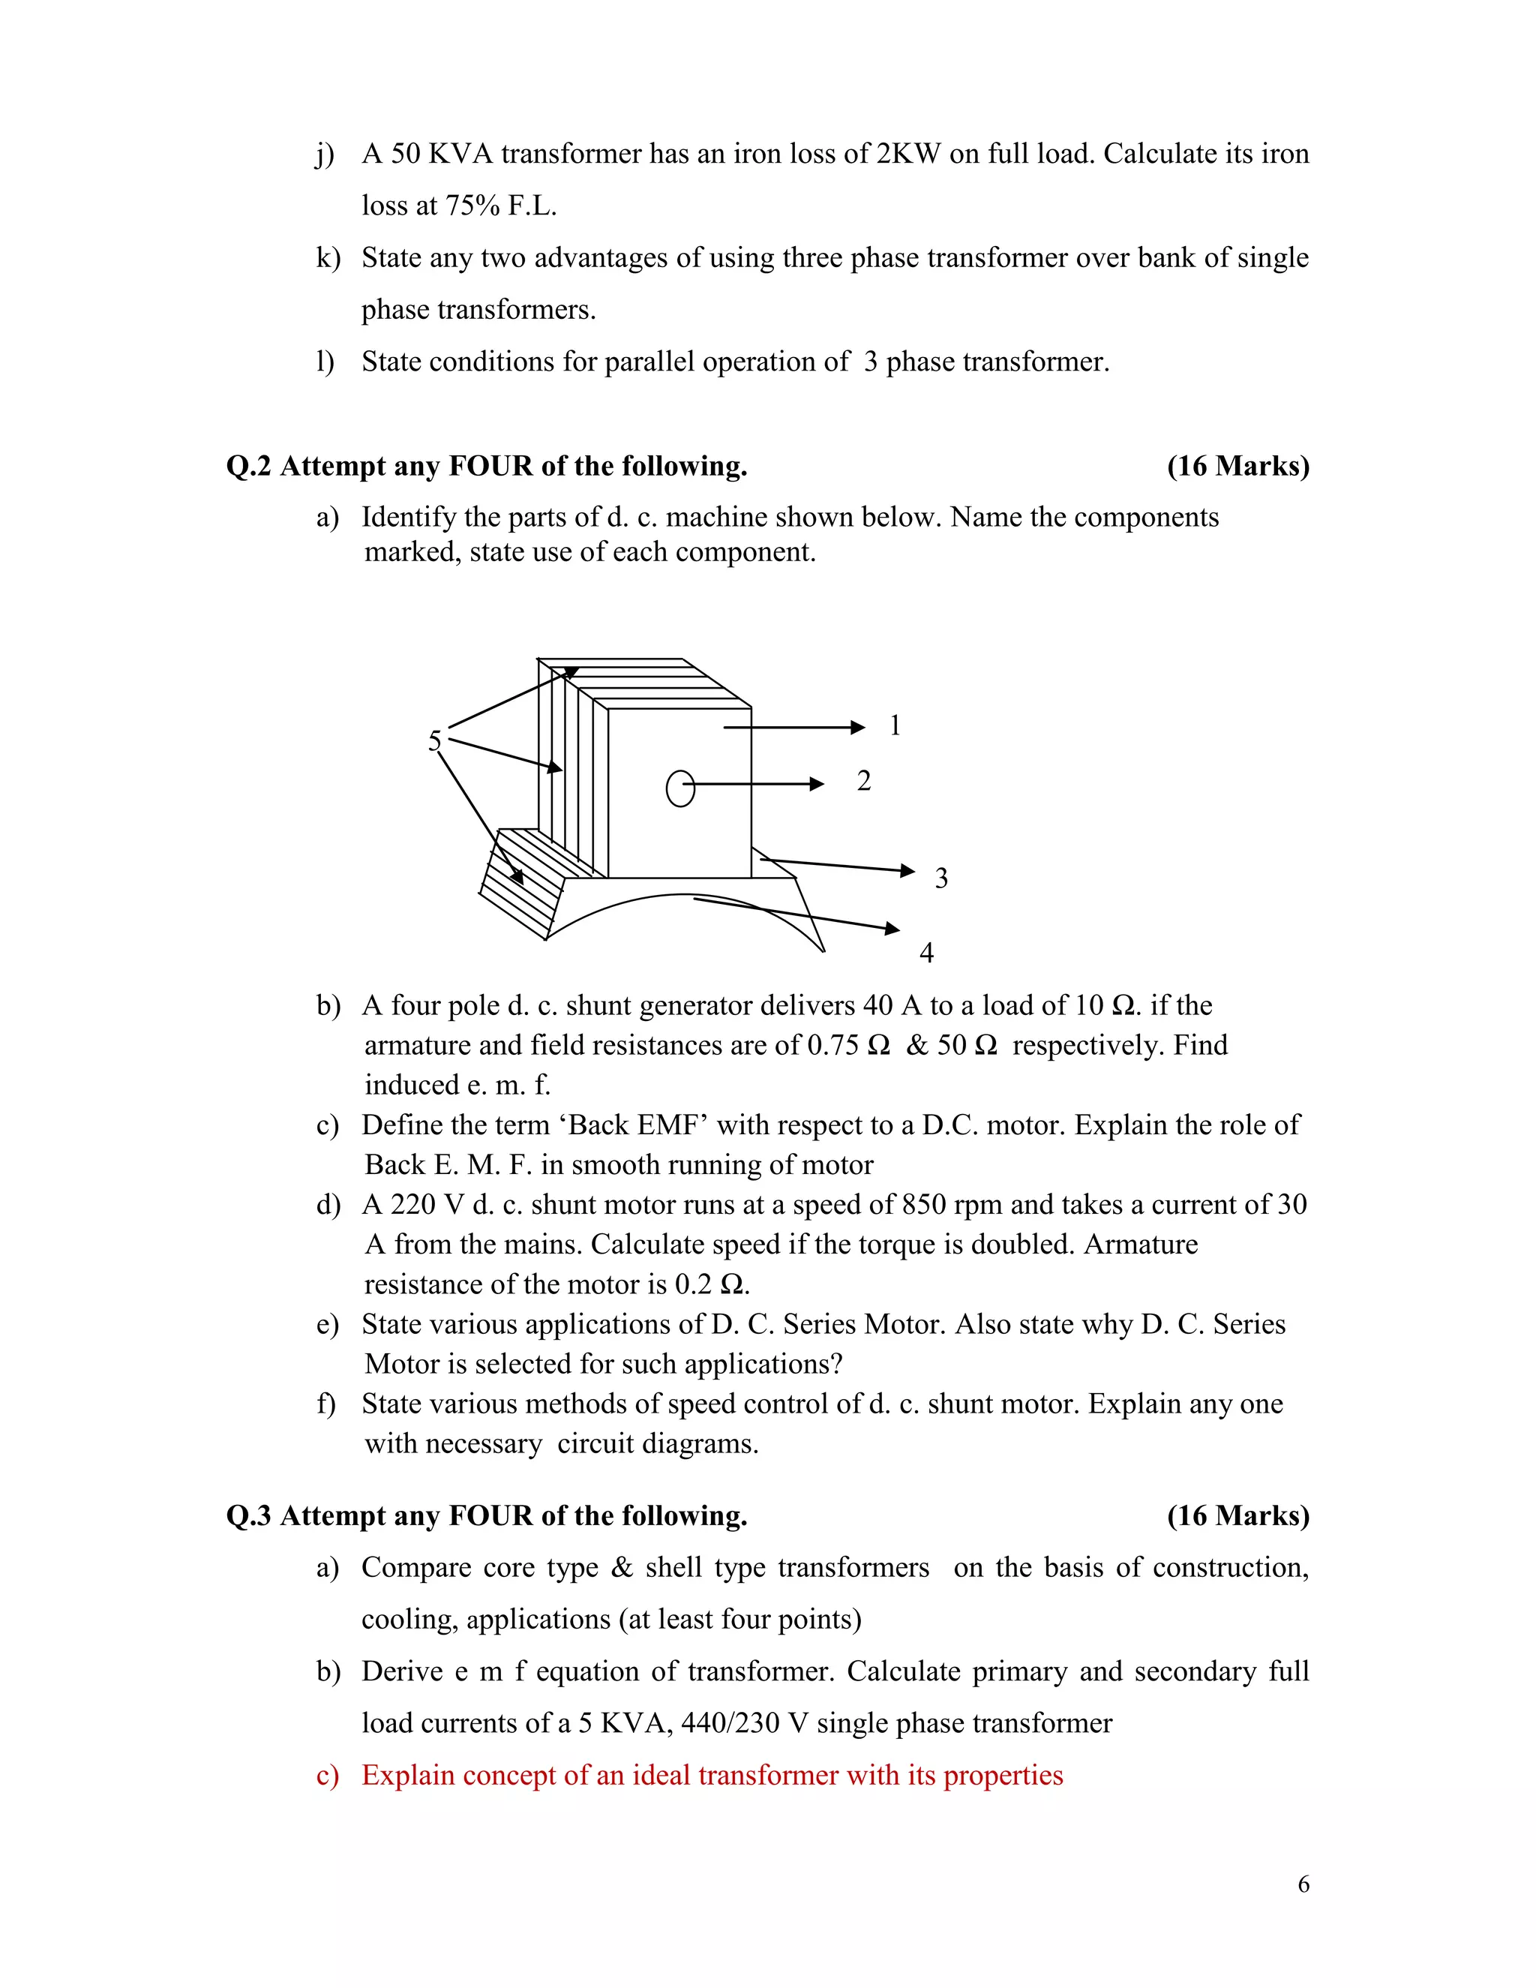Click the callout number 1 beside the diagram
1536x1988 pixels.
click(x=895, y=725)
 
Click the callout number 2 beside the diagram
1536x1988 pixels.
click(x=863, y=781)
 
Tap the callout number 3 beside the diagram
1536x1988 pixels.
click(x=941, y=878)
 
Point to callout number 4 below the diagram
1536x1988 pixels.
click(x=926, y=953)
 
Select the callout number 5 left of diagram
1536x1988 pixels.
click(x=434, y=741)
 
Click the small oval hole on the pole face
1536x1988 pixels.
click(x=681, y=788)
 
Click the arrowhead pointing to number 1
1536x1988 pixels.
click(x=857, y=727)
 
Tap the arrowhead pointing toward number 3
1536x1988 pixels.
click(x=907, y=871)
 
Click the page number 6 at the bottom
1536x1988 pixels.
click(x=1303, y=1884)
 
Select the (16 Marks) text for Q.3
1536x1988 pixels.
click(x=1237, y=1515)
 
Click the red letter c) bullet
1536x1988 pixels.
click(x=328, y=1775)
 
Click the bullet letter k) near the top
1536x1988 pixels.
click(x=328, y=257)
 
